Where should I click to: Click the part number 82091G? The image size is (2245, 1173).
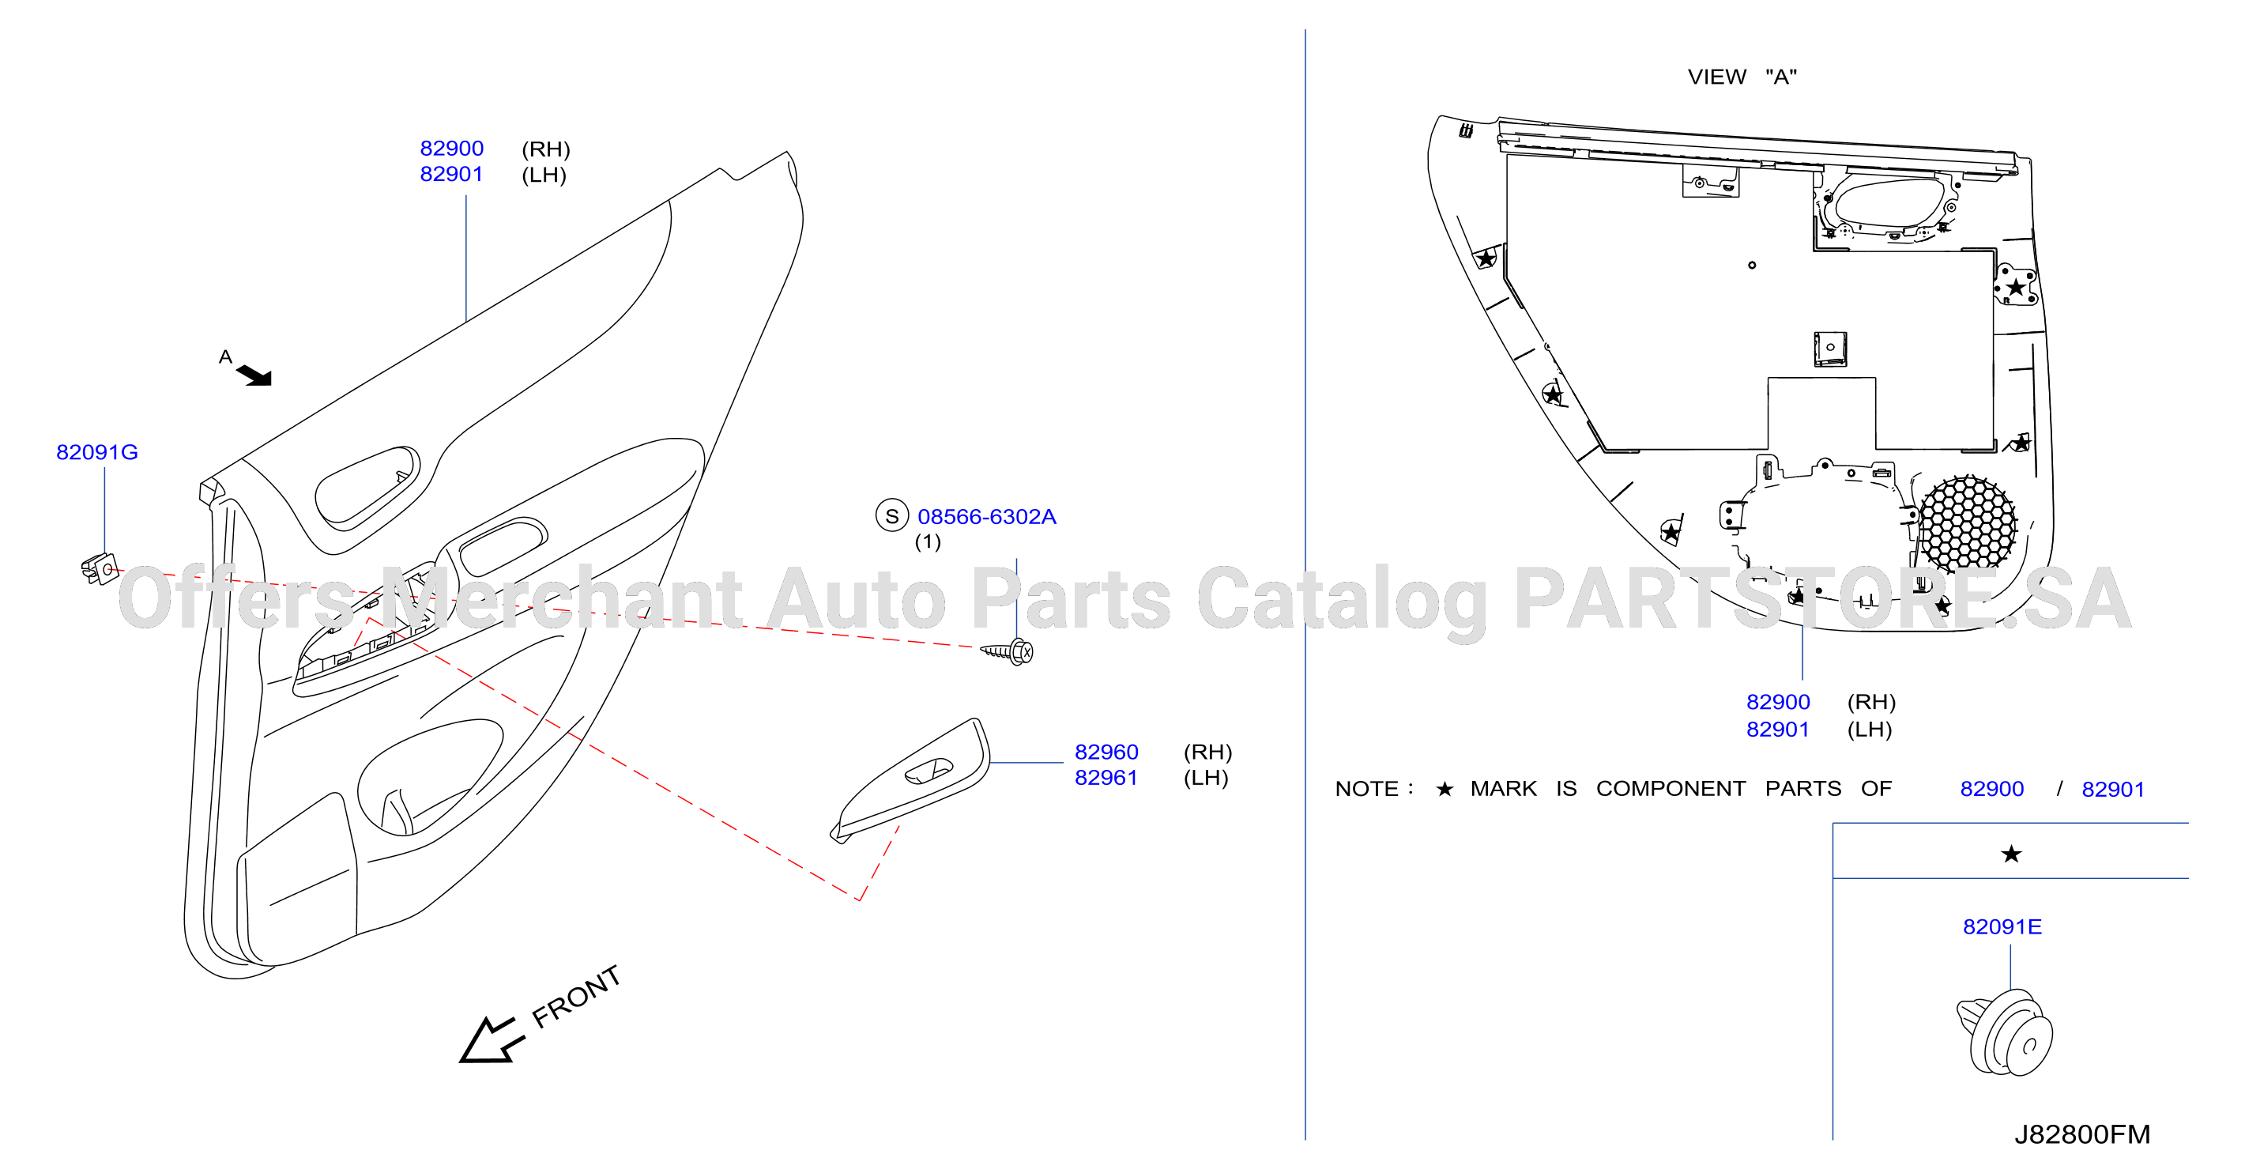[x=96, y=452]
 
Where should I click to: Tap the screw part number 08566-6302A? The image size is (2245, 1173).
[x=986, y=517]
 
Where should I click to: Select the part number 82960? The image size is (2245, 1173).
[x=1106, y=752]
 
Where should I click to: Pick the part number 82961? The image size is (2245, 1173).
[x=1106, y=777]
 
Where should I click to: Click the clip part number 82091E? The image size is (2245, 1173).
[x=2002, y=926]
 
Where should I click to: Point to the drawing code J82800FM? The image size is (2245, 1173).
[x=2082, y=1133]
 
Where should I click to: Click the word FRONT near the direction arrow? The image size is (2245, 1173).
[x=576, y=996]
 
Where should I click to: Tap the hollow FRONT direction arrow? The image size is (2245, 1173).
[x=490, y=1040]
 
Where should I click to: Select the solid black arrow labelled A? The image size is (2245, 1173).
[x=255, y=375]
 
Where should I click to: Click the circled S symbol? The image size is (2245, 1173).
[x=891, y=516]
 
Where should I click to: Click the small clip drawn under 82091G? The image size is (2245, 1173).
[x=100, y=570]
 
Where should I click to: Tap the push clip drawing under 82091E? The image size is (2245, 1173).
[x=2005, y=1032]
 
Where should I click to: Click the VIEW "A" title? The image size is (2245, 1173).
[x=1742, y=77]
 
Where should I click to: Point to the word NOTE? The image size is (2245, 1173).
[x=1366, y=789]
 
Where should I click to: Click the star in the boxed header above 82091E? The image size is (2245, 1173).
[x=2010, y=854]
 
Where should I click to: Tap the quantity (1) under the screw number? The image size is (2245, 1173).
[x=927, y=542]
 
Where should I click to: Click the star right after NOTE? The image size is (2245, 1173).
[x=1444, y=789]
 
